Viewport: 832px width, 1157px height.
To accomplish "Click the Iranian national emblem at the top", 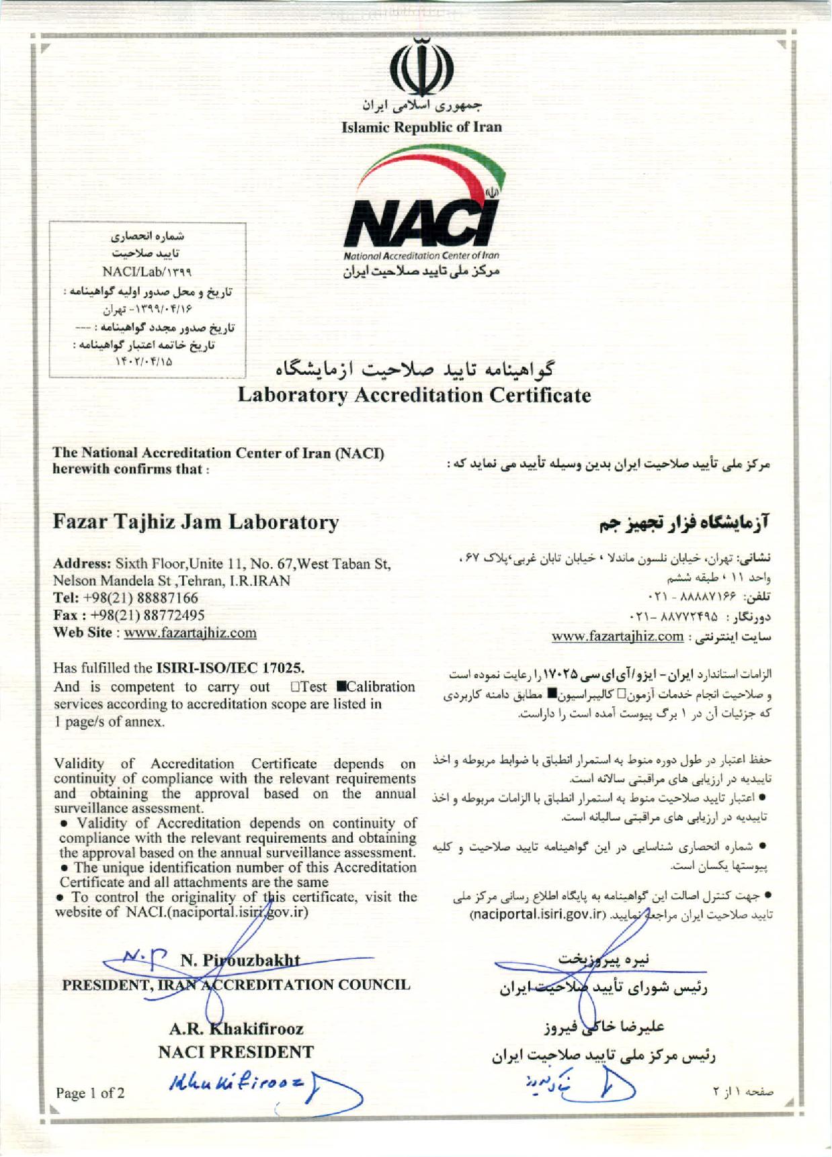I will pos(421,69).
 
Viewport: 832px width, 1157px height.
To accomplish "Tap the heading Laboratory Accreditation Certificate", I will pos(415,395).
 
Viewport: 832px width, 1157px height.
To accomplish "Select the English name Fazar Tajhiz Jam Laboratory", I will pos(196,522).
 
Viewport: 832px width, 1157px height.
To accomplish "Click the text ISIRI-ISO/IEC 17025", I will pos(230,668).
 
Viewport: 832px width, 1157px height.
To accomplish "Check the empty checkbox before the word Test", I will pos(295,687).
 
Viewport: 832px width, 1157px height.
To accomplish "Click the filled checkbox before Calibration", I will pos(341,687).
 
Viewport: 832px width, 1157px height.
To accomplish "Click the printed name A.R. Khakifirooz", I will pos(236,1029).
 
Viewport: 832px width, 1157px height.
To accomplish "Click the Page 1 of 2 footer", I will pos(90,1093).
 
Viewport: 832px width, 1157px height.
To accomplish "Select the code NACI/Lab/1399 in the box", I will pos(147,272).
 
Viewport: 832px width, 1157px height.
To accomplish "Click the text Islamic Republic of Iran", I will pos(421,127).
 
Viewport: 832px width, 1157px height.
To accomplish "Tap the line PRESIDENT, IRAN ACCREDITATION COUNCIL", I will pos(236,985).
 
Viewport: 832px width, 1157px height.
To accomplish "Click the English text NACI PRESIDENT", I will pos(236,1052).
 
